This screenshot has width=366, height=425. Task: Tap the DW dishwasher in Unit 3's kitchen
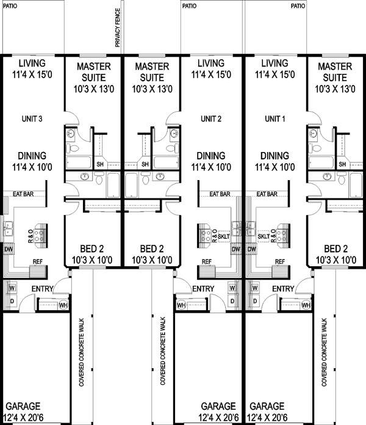click(9, 249)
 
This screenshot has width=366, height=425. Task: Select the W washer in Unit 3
click(12, 287)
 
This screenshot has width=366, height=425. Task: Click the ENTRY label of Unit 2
click(203, 288)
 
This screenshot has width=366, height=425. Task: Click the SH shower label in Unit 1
click(342, 164)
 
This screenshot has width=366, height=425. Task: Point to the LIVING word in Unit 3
click(32, 62)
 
